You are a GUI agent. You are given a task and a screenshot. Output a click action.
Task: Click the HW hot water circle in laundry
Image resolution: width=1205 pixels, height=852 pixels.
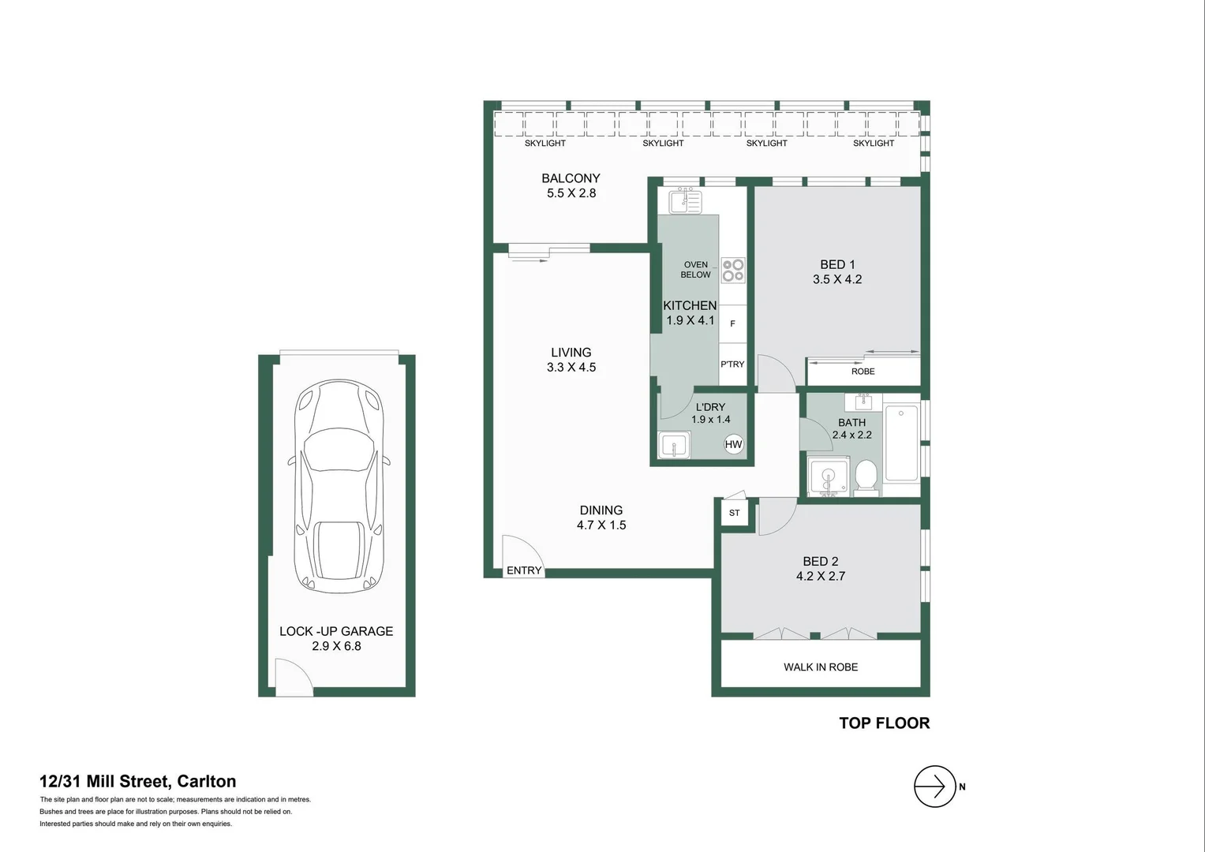click(x=733, y=444)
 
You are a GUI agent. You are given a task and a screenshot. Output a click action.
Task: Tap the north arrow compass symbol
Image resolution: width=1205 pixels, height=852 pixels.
click(x=934, y=787)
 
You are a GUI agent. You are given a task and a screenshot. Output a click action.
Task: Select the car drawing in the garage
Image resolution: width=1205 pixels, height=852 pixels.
click(x=337, y=486)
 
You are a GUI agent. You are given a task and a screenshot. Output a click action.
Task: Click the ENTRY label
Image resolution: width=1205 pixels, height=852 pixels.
click(x=524, y=570)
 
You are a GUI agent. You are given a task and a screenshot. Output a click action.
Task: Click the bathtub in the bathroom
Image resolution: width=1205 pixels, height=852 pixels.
click(x=901, y=443)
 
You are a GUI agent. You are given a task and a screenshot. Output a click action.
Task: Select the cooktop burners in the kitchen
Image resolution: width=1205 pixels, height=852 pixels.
click(x=733, y=270)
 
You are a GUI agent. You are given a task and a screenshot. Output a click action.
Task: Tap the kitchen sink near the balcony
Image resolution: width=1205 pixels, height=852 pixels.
click(x=684, y=201)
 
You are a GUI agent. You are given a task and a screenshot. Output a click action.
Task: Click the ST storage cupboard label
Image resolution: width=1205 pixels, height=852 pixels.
click(x=735, y=514)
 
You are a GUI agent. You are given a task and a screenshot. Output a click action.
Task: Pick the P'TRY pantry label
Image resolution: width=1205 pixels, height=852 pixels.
click(x=732, y=364)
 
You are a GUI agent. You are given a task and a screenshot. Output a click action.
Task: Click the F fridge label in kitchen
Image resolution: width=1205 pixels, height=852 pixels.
click(x=732, y=323)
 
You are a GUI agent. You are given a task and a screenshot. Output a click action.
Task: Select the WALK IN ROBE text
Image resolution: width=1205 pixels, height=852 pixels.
click(x=821, y=667)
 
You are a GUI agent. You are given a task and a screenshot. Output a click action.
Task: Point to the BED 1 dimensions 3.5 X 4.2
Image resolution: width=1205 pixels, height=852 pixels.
click(x=837, y=279)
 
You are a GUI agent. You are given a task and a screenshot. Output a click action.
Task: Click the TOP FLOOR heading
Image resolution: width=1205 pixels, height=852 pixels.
click(x=884, y=723)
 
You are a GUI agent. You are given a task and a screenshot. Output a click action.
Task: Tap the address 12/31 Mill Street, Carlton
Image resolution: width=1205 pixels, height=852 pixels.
click(x=138, y=782)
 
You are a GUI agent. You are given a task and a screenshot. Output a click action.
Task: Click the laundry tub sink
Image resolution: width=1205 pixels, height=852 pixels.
click(x=674, y=446)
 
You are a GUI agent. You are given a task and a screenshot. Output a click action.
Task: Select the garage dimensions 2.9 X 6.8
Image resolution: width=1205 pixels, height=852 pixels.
click(x=336, y=646)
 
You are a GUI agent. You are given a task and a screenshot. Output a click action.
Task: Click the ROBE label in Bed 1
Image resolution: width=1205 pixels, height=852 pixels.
click(x=863, y=372)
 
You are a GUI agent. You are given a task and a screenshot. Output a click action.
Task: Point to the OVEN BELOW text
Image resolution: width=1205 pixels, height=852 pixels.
click(x=695, y=270)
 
